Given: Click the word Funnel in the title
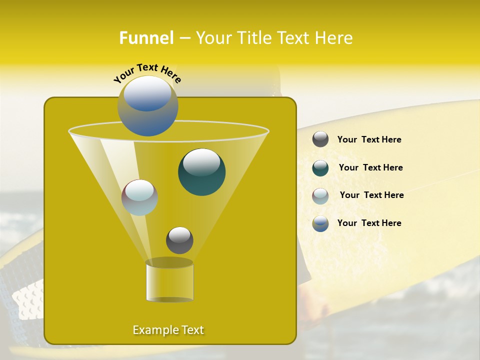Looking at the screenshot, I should pos(146,38).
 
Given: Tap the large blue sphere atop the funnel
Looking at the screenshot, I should pos(147,105).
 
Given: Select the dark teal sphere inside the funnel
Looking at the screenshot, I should pos(201,171).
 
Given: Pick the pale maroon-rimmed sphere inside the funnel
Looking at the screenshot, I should pos(139,197).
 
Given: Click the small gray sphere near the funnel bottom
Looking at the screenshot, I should pos(179,240).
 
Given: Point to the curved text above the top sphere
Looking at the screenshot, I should pos(147,72).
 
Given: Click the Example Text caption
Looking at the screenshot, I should pos(168,330).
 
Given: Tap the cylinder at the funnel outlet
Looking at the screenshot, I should pos(169,282).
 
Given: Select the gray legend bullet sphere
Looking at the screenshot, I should pos(320,139).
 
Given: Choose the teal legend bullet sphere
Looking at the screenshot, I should pos(320,167).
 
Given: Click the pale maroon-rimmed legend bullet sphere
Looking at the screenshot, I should pos(320,195).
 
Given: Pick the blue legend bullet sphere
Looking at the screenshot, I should pos(320,223).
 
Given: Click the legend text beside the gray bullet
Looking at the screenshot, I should pos(369,140).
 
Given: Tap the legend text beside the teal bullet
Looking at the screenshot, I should pos(370,168).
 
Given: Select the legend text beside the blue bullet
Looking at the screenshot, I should pos(369,223).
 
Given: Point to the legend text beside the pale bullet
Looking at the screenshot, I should pos(371,195).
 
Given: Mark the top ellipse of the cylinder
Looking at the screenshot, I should pos(169,263).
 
